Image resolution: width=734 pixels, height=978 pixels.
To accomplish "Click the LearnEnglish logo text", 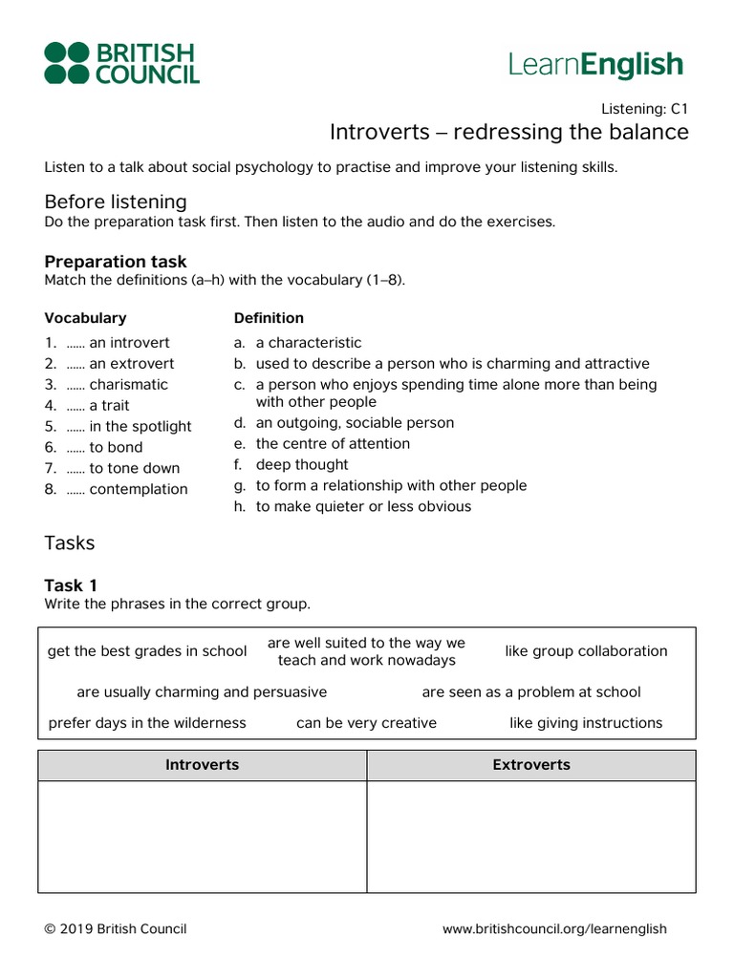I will pos(595,65).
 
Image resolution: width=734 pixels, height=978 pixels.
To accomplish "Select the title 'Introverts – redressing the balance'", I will pos(508,132).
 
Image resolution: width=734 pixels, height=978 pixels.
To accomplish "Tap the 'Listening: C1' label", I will pos(644,108).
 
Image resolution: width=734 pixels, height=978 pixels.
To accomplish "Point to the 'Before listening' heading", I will pos(116,202).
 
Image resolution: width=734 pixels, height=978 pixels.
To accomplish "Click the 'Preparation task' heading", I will pos(116,262).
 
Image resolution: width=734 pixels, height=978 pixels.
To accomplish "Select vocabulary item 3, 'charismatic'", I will pos(128,385).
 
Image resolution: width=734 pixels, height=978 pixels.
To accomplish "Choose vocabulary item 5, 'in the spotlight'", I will pos(140,427).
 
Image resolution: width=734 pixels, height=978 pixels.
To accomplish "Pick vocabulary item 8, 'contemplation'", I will pos(138,490).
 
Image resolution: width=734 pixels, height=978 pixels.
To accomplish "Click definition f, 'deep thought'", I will pos(301,465).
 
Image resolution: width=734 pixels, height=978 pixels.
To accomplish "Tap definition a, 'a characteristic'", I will pos(308,343).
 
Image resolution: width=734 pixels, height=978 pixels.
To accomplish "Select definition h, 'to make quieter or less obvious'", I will pos(362,507).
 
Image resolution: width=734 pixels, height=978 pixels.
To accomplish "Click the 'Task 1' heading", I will pos(71,585).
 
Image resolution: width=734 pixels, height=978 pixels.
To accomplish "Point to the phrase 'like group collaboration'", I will pos(586,651).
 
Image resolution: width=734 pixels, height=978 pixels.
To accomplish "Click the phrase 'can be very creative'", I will pos(366,723).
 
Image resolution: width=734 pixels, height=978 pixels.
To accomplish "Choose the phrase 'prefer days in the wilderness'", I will pos(147,723).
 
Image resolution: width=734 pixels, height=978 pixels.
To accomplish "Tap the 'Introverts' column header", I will pos(203,765).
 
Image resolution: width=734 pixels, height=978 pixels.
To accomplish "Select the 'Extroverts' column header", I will pos(531,765).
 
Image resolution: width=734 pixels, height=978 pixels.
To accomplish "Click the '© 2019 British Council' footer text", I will pos(116,929).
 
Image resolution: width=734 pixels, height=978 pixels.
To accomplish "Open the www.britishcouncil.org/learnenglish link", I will pos(554,929).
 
